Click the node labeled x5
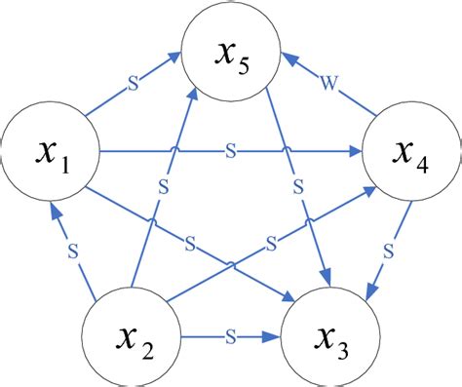coord(232,46)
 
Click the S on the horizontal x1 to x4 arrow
coord(230,151)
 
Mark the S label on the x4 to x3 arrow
coord(386,251)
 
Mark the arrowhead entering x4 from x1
coord(357,151)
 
